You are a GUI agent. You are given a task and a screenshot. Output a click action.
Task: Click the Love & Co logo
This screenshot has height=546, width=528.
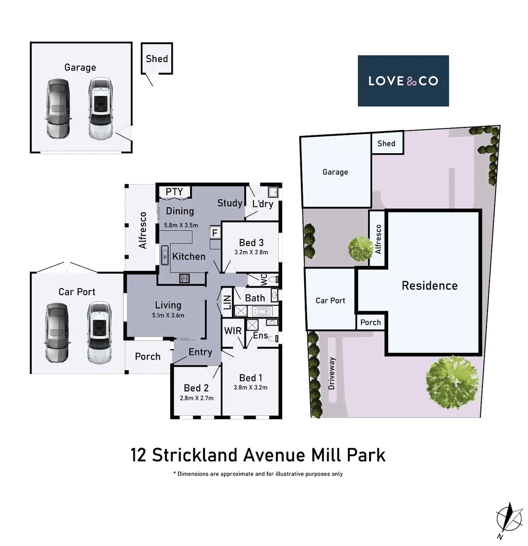point(403,81)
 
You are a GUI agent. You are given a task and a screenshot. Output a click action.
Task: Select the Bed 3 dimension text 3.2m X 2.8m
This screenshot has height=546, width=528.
point(251,252)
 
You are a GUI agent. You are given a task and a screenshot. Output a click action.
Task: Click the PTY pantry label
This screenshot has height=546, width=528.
point(174,192)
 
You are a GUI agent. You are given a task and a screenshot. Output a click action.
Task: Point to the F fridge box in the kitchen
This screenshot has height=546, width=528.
point(215,233)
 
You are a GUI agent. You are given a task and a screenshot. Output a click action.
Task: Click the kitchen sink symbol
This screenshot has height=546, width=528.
point(165,255)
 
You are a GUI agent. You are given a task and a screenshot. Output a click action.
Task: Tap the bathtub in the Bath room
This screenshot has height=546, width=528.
point(262,311)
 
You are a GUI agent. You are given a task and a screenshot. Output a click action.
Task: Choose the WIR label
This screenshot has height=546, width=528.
point(233,331)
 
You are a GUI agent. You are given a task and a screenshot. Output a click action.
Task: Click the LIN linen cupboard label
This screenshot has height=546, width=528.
point(227,302)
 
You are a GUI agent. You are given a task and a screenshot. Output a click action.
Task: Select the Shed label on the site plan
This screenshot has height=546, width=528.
point(386,144)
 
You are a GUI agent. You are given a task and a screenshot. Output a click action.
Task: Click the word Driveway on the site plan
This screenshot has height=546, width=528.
point(332,373)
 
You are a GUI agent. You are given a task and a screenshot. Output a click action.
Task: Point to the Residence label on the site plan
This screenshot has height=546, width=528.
point(429,286)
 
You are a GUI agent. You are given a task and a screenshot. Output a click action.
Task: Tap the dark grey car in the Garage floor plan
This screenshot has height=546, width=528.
point(57,109)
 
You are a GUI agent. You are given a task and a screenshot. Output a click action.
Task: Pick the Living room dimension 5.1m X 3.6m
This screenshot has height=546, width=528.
point(168,315)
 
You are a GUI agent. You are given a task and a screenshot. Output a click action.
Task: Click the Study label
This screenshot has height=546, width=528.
point(230,203)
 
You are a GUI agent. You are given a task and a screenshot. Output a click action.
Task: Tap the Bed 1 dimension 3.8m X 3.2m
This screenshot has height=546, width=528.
point(251,388)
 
